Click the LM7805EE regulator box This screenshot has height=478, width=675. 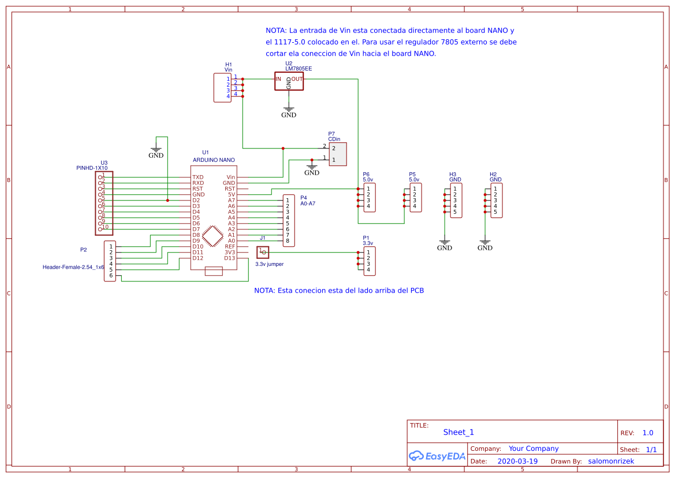289,81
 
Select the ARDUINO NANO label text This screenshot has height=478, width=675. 214,160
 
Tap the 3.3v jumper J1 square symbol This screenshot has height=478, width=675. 263,252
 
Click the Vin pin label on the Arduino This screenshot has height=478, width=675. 230,177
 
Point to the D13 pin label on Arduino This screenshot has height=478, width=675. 229,258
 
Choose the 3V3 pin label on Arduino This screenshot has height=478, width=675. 229,253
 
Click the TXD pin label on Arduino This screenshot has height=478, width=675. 198,177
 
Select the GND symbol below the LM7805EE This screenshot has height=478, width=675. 289,112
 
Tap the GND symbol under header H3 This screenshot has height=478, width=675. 444,244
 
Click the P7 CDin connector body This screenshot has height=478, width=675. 338,154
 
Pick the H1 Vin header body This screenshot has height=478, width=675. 222,87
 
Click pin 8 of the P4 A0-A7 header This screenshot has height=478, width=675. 287,241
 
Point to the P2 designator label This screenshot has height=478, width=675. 83,250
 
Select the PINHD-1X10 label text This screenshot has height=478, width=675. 92,168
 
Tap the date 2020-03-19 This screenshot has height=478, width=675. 517,461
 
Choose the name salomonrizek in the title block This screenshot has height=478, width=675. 611,461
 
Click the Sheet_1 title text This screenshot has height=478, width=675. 458,432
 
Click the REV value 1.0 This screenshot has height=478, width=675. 648,433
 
